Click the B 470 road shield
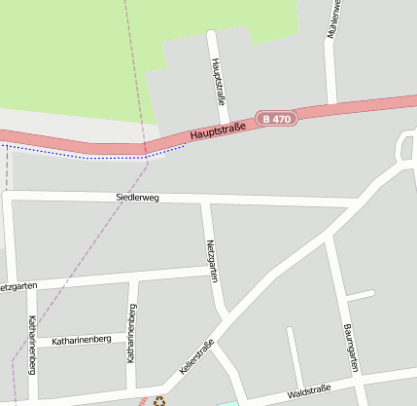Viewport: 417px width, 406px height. (x=276, y=119)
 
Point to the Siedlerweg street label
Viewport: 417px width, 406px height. (x=137, y=198)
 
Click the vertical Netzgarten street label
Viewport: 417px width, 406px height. (x=210, y=261)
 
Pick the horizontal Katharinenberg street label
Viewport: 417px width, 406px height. (x=82, y=341)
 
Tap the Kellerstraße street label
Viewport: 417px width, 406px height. (x=197, y=357)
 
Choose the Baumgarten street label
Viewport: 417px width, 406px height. (x=351, y=349)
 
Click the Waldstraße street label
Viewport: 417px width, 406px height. (x=309, y=391)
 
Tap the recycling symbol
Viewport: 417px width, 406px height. (x=159, y=398)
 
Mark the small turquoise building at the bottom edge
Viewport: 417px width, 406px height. (x=227, y=402)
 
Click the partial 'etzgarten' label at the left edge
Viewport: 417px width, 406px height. (x=19, y=286)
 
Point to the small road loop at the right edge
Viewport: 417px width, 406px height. (x=405, y=146)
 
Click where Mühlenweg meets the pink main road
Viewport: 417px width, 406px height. (x=331, y=104)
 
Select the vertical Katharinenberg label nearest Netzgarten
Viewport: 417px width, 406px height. (x=131, y=333)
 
